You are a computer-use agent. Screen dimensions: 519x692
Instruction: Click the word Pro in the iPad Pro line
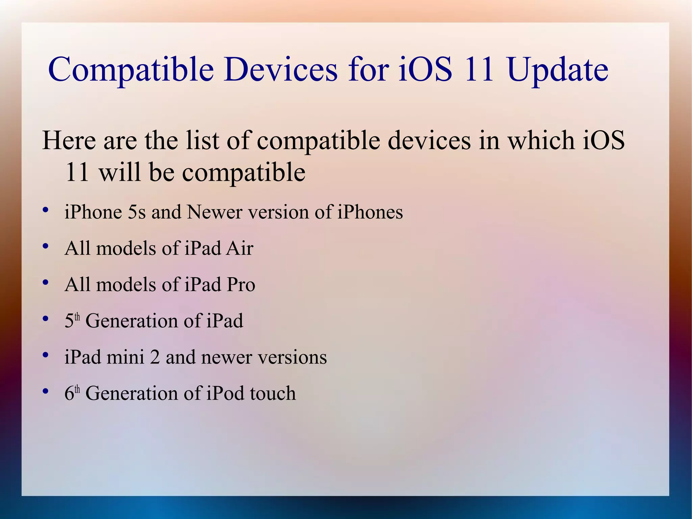[x=241, y=284]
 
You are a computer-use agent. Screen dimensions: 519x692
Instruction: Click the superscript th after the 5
[x=77, y=316]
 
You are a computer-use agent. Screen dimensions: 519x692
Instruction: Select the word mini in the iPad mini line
[x=125, y=357]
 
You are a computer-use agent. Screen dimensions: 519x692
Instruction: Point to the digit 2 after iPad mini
[x=155, y=357]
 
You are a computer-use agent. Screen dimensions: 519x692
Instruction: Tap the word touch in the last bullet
[x=273, y=393]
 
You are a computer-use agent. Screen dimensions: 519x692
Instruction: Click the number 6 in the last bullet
[x=69, y=394]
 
